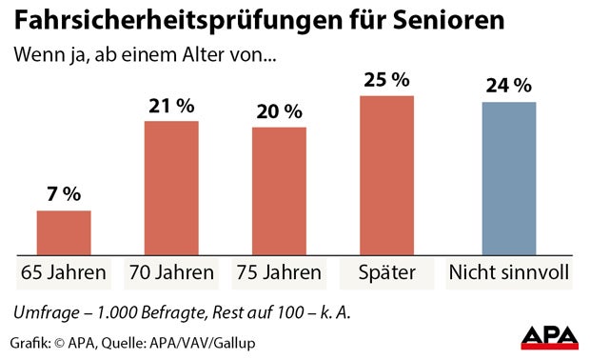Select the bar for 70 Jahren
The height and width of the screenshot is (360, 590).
pos(171,188)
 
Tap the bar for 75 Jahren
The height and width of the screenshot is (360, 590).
pos(279,190)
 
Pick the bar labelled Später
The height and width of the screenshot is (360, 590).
pos(386,175)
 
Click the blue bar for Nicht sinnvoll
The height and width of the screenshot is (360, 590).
pos(509,178)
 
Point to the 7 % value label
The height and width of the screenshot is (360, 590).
pos(64,194)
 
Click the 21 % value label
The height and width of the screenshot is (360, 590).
pos(171,105)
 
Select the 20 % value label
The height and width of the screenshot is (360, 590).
pos(279,110)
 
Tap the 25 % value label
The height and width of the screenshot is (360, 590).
pos(386,79)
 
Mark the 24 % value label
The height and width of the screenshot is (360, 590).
pos(509,85)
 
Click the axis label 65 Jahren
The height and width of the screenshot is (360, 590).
pos(64,274)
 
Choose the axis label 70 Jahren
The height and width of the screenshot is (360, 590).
pos(171,274)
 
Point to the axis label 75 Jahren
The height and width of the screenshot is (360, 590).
pos(279,274)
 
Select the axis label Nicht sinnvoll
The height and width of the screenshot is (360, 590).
pos(509,274)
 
